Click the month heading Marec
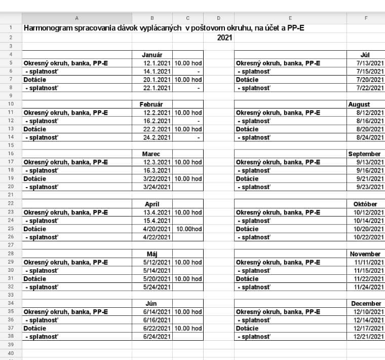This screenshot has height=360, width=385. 152,154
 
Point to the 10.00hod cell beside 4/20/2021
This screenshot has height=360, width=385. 189,229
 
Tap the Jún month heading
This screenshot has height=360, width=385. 152,304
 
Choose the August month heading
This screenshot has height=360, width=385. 359,104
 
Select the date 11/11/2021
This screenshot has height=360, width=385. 369,263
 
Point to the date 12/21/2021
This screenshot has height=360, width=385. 369,337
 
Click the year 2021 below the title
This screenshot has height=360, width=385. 225,38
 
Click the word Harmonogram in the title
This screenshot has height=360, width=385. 49,28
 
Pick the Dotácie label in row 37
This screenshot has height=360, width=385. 35,329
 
